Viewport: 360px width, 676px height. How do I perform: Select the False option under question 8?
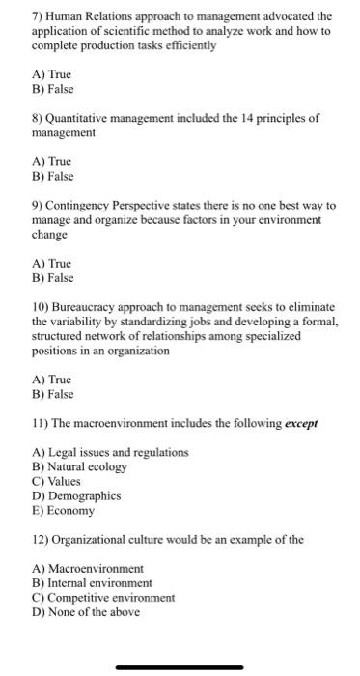click(53, 177)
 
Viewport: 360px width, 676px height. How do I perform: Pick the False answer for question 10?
click(53, 394)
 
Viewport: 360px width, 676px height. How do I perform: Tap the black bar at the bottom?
click(180, 666)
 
